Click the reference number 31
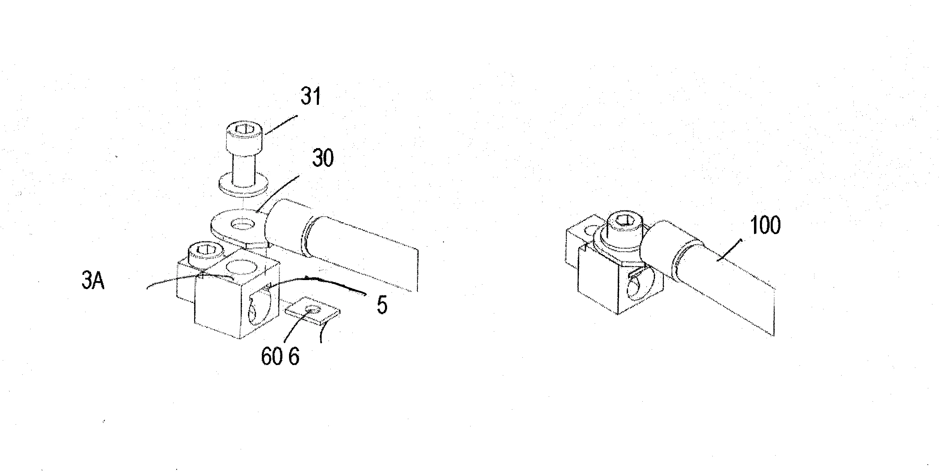pyautogui.click(x=311, y=97)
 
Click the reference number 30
pyautogui.click(x=323, y=158)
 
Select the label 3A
pyautogui.click(x=93, y=282)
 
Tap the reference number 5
pyautogui.click(x=382, y=305)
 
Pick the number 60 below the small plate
pyautogui.click(x=272, y=356)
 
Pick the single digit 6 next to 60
pyautogui.click(x=294, y=356)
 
